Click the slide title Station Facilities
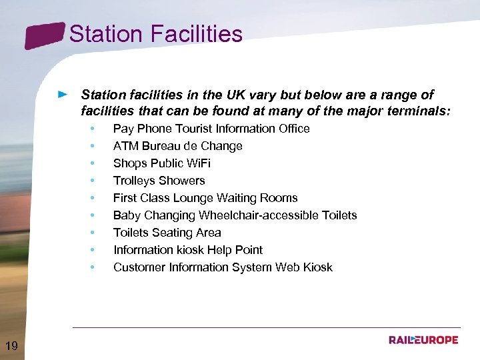tap(155, 34)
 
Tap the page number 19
tap(11, 345)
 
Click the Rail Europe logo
tap(423, 340)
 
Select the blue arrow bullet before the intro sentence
tap(63, 95)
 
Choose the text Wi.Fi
tap(196, 163)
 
